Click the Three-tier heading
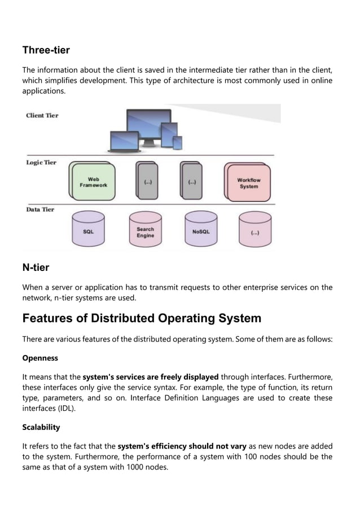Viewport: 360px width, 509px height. coord(46,50)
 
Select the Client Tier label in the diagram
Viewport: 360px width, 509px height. coord(42,116)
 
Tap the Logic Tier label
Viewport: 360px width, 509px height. coord(41,163)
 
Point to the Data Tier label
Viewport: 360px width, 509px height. coord(40,209)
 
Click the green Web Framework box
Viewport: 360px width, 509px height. coord(94,182)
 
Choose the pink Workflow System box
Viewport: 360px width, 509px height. coord(248,183)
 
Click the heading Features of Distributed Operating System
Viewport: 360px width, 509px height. coord(142,318)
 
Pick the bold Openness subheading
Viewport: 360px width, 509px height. coord(40,358)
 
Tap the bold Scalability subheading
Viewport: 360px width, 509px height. coord(41,427)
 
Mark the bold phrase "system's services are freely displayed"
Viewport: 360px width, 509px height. coord(151,377)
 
